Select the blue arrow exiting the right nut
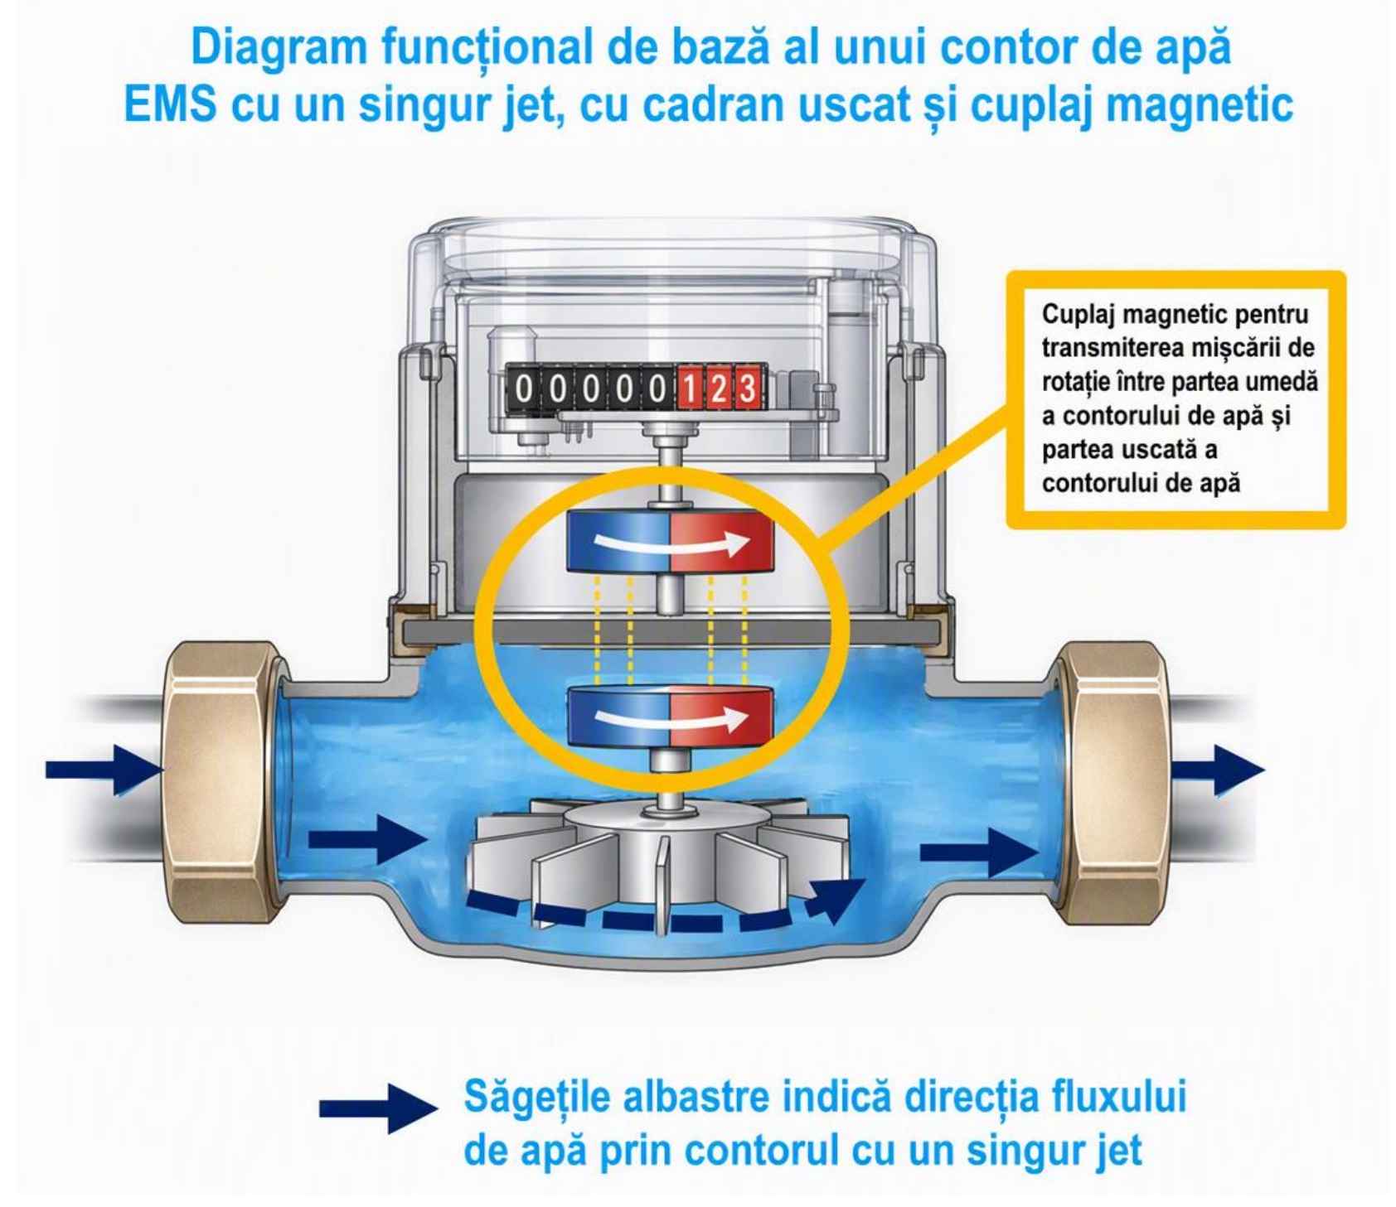pyautogui.click(x=1217, y=770)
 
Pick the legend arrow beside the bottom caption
pyautogui.click(x=379, y=1108)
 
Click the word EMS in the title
pyautogui.click(x=171, y=105)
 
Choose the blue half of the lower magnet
pyautogui.click(x=618, y=717)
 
